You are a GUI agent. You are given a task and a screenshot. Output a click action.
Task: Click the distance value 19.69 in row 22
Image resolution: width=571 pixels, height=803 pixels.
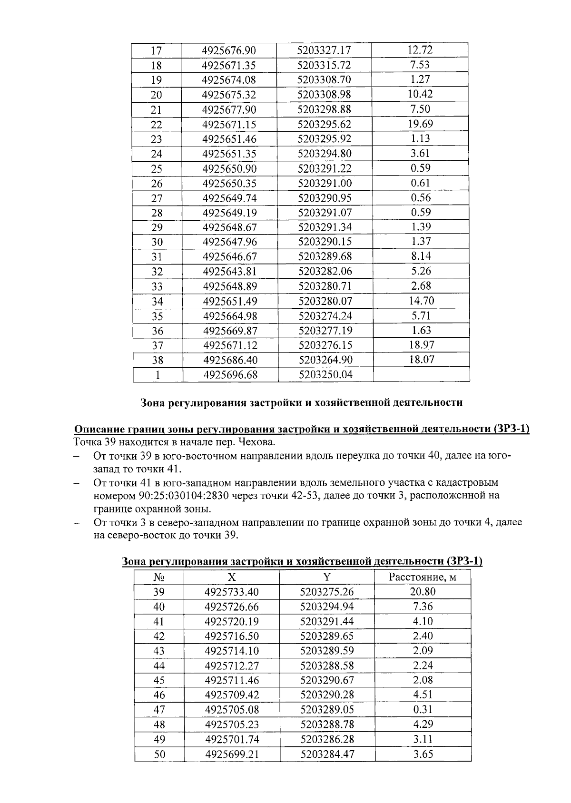(420, 124)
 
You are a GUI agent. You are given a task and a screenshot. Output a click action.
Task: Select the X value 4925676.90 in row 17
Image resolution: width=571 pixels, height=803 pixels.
(229, 50)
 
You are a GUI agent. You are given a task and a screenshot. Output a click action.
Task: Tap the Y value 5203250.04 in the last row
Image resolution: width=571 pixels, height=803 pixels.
(325, 374)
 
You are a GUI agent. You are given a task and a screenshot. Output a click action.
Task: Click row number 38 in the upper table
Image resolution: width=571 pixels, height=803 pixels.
(157, 360)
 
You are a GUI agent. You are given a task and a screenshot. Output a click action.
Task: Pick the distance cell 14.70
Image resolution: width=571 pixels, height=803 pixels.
(421, 301)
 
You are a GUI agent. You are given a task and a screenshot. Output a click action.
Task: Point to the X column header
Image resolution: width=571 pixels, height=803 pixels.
(231, 578)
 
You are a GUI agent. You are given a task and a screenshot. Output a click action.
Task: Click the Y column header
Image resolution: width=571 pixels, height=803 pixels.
(326, 578)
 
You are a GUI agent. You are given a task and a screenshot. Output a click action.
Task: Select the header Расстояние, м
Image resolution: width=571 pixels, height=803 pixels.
(423, 578)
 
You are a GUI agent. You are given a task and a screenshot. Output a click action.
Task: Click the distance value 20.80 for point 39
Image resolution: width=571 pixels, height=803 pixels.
(423, 592)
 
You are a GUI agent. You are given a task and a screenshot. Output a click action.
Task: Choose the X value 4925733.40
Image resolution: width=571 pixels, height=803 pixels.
(232, 592)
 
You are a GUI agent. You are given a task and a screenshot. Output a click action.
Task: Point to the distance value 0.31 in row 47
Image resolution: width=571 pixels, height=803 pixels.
(423, 709)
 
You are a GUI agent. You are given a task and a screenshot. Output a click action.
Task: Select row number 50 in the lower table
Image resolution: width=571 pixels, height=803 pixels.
(159, 754)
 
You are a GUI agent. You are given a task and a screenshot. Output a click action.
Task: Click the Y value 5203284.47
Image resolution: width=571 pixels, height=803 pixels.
(327, 754)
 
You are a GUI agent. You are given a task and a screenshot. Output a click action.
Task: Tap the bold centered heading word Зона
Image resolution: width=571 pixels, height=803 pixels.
(154, 402)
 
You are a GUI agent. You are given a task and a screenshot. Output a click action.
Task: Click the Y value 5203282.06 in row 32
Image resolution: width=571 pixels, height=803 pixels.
(325, 272)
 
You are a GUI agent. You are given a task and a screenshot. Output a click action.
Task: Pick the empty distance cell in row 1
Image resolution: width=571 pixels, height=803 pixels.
(421, 374)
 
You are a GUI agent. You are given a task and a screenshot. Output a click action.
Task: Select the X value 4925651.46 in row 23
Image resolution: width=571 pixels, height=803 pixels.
(229, 139)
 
